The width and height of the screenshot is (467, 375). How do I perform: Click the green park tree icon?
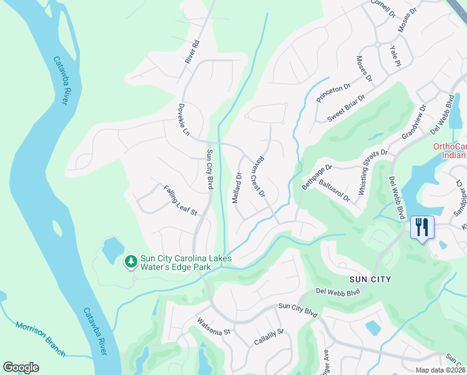tap(130, 261)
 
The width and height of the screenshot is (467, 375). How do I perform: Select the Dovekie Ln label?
tap(183, 119)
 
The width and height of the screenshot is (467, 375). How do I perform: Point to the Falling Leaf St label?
tap(180, 201)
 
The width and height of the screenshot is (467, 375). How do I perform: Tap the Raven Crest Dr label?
tap(258, 176)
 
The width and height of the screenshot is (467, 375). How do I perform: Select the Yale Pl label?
tap(395, 56)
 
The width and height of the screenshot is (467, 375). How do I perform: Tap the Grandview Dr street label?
tap(413, 122)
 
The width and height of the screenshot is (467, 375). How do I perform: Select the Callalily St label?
tap(268, 338)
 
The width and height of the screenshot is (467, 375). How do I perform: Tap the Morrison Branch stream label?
tap(40, 339)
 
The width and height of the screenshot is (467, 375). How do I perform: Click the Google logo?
tap(21, 367)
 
